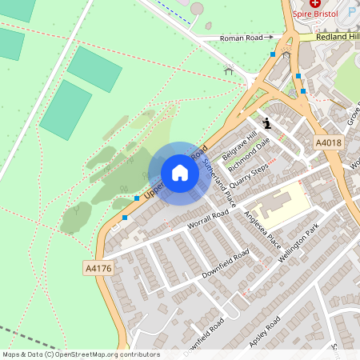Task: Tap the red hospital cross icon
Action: (x=314, y=4)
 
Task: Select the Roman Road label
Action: (x=242, y=37)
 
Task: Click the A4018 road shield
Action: (x=328, y=142)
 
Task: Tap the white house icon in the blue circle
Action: (x=180, y=173)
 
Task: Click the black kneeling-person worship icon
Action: (x=267, y=123)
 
